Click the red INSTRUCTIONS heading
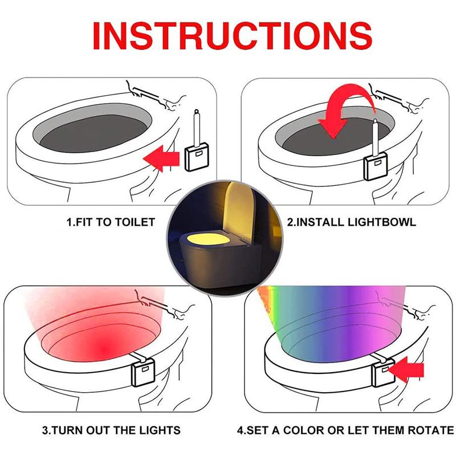[x=233, y=35]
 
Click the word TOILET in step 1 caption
[x=135, y=222]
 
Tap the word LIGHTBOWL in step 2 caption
[x=382, y=222]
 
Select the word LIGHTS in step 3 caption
[x=160, y=430]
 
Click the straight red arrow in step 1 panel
[x=162, y=159]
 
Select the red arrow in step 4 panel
[x=406, y=370]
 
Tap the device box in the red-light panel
[x=143, y=373]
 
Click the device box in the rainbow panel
[x=383, y=373]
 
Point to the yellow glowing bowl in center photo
[x=206, y=240]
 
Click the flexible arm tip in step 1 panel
[x=197, y=112]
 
